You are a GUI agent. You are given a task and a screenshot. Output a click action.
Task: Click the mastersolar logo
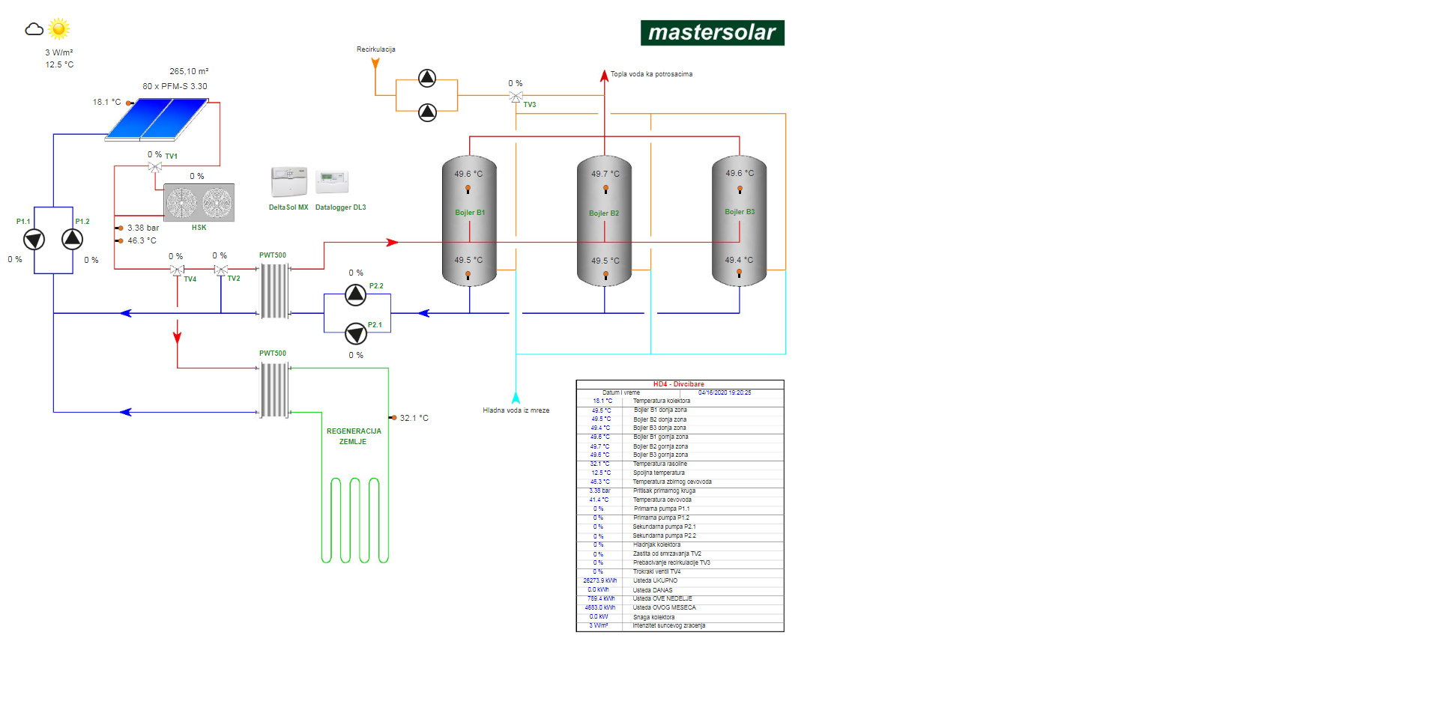point(712,33)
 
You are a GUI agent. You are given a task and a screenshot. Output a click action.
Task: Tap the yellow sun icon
point(58,29)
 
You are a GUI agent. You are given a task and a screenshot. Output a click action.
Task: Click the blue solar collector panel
point(157,119)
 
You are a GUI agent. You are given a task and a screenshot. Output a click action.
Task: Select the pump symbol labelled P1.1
point(34,240)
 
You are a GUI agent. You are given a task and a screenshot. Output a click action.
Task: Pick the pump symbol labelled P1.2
point(72,239)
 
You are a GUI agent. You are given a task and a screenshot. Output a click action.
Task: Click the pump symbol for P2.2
point(356,294)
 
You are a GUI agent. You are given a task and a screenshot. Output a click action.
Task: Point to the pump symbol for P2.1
point(356,333)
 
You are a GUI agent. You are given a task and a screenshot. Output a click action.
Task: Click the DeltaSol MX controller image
point(288,182)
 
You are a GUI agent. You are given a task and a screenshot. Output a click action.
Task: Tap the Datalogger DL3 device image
point(332,180)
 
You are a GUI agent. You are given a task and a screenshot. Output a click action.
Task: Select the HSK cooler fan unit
point(199,202)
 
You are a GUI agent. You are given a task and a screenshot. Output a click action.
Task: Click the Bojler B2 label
point(604,213)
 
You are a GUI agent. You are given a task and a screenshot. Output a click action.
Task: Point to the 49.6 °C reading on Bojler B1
point(468,174)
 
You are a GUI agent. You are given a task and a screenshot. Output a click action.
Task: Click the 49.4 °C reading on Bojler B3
point(739,261)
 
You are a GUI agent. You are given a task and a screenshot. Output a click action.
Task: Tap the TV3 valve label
point(530,105)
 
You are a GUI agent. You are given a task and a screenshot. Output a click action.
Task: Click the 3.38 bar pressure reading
point(143,228)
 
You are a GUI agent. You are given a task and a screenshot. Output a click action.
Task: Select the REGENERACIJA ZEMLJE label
point(354,437)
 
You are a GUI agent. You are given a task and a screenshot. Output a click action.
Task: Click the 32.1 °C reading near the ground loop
point(414,418)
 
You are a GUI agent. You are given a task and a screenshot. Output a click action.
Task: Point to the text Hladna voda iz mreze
point(516,410)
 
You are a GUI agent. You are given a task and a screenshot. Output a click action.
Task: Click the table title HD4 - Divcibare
point(678,384)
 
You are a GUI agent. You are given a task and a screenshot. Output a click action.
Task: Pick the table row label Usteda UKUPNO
point(655,580)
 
